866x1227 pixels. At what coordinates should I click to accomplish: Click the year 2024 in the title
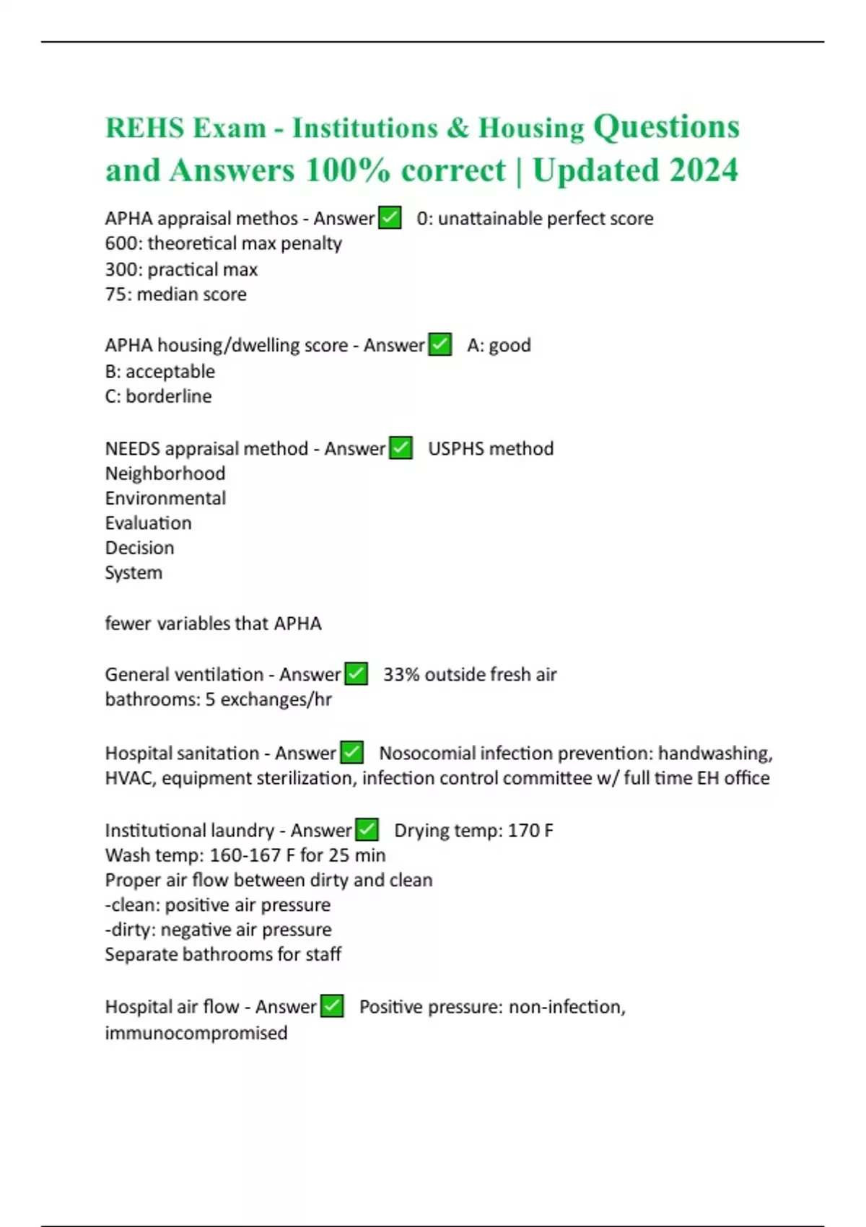pyautogui.click(x=704, y=171)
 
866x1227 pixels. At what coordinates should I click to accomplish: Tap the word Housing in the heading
pyautogui.click(x=531, y=128)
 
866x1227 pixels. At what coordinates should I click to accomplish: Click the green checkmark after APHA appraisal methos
pyautogui.click(x=390, y=217)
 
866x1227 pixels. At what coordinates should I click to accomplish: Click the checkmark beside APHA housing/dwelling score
pyautogui.click(x=439, y=344)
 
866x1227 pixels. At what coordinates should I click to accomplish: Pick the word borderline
pyautogui.click(x=168, y=396)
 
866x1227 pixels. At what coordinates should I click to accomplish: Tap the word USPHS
pyautogui.click(x=455, y=448)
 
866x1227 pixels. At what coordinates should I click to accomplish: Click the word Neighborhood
pyautogui.click(x=165, y=473)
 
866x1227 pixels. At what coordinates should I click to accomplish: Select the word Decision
pyautogui.click(x=139, y=548)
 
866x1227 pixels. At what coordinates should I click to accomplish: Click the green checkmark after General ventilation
pyautogui.click(x=356, y=673)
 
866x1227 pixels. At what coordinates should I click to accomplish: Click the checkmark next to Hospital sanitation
pyautogui.click(x=351, y=752)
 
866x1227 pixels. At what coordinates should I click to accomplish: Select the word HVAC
pyautogui.click(x=129, y=778)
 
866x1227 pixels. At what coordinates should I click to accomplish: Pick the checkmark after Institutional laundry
pyautogui.click(x=367, y=829)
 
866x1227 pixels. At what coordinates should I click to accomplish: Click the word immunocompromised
pyautogui.click(x=196, y=1033)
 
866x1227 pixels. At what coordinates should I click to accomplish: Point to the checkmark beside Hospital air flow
pyautogui.click(x=331, y=1005)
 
